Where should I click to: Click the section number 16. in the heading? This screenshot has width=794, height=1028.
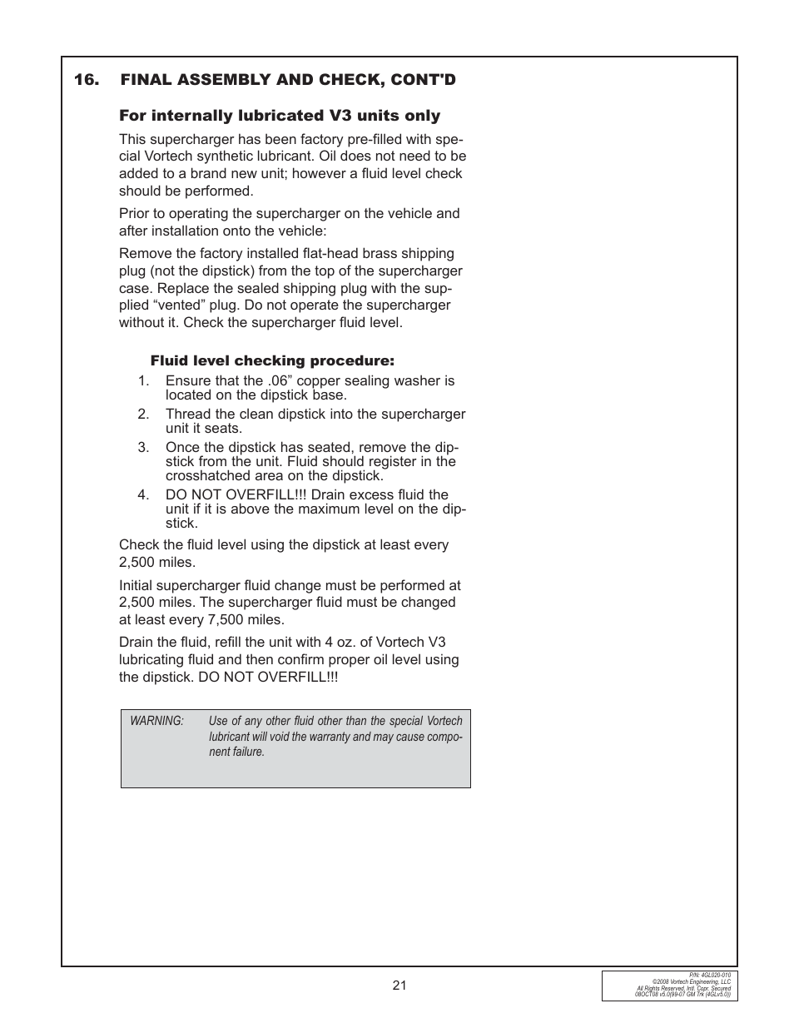pyautogui.click(x=87, y=80)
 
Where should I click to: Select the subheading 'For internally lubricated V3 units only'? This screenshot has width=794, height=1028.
pyautogui.click(x=280, y=116)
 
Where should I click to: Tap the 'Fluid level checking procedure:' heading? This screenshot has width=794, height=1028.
pyautogui.click(x=272, y=361)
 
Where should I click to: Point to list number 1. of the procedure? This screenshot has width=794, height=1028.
pyautogui.click(x=143, y=381)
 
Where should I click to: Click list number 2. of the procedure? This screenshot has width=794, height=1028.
pyautogui.click(x=143, y=415)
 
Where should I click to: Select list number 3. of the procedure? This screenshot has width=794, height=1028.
pyautogui.click(x=143, y=448)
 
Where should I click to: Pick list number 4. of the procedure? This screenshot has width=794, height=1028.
pyautogui.click(x=143, y=495)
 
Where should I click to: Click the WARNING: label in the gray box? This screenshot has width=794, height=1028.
pyautogui.click(x=156, y=722)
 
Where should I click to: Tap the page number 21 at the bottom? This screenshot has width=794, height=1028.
pyautogui.click(x=399, y=986)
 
